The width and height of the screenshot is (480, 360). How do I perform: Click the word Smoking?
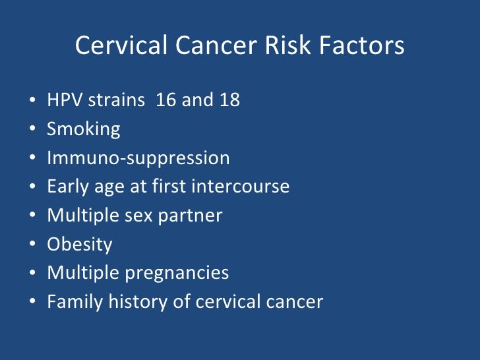pos(83,129)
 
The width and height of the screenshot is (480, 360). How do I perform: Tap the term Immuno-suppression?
pos(138,158)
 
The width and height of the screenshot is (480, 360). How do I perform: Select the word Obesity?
pos(79,245)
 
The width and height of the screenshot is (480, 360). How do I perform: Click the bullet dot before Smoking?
pos(33,130)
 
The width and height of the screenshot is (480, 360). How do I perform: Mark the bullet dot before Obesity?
pos(33,245)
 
